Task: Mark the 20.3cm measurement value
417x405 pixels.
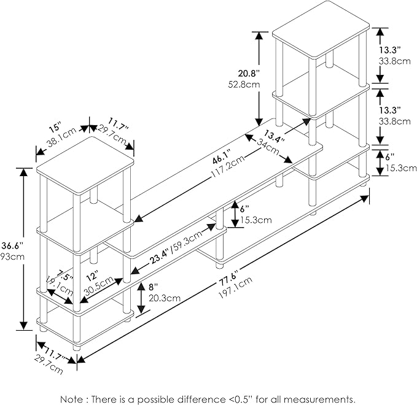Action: [163, 298]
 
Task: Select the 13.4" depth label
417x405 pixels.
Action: [274, 137]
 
